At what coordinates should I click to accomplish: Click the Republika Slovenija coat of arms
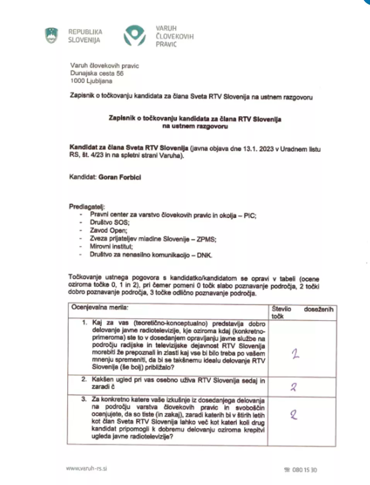[x=51, y=36]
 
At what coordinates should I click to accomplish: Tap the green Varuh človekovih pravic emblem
[x=135, y=36]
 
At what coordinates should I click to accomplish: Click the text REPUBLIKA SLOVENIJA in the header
[x=85, y=36]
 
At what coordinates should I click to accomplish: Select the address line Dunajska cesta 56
[x=97, y=73]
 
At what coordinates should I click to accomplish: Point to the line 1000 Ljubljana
[x=91, y=81]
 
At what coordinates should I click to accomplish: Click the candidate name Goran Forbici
[x=120, y=177]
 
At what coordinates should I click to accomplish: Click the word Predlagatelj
[x=87, y=207]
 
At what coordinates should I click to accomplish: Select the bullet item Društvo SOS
[x=109, y=222]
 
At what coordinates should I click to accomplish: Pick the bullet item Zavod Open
[x=108, y=231]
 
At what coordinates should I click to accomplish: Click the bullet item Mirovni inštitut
[x=111, y=246]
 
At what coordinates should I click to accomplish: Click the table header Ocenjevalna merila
[x=100, y=307]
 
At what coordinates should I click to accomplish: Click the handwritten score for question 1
[x=295, y=354]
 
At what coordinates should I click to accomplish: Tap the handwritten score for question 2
[x=293, y=387]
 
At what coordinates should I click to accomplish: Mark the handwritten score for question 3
[x=294, y=415]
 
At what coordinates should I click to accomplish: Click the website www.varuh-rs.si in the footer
[x=86, y=468]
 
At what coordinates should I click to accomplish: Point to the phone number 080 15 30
[x=304, y=470]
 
